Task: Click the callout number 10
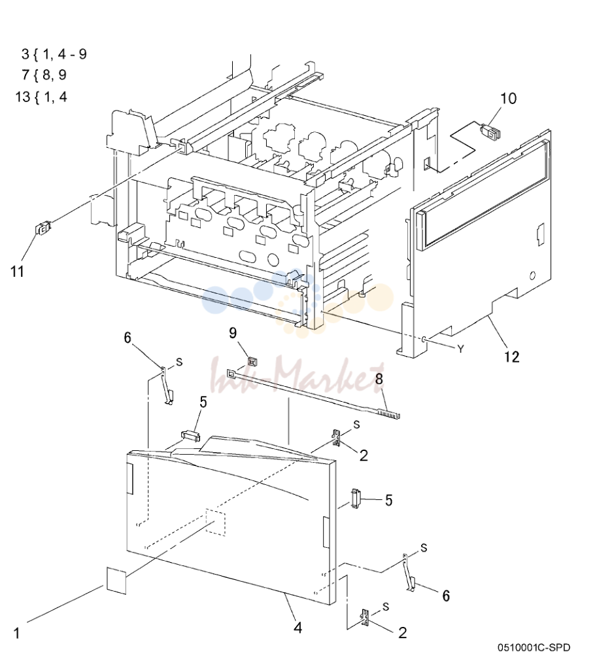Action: [x=508, y=98]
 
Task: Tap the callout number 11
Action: [x=17, y=271]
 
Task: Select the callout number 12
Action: [x=511, y=357]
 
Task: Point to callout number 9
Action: [x=233, y=333]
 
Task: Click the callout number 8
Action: [x=379, y=378]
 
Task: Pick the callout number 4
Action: [x=298, y=628]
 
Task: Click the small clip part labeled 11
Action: [x=43, y=228]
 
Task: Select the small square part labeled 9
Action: [x=252, y=362]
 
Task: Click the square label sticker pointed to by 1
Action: [x=116, y=581]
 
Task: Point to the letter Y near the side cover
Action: [x=460, y=349]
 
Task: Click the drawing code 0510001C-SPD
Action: [x=534, y=647]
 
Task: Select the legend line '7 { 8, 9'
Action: [x=44, y=75]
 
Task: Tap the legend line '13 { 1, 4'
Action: [x=41, y=97]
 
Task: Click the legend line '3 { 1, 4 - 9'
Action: [x=54, y=54]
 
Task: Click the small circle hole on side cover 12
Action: [x=532, y=276]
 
